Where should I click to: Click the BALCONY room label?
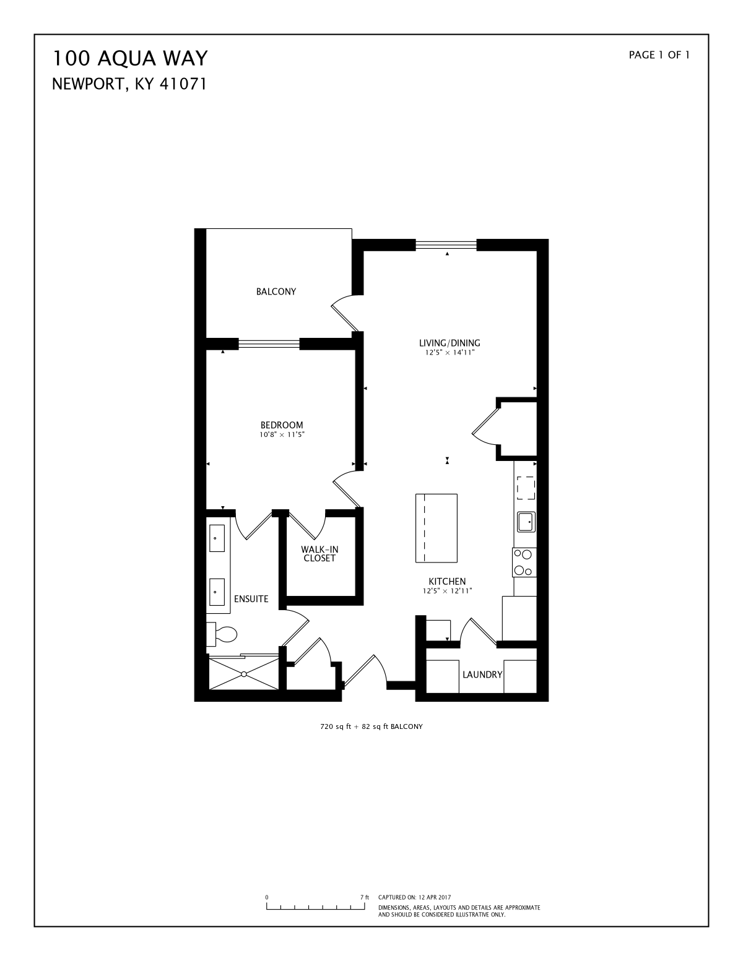point(276,291)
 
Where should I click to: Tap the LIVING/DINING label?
point(449,343)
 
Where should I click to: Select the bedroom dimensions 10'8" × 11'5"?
point(282,435)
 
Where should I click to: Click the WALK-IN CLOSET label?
point(319,554)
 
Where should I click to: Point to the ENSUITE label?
point(251,599)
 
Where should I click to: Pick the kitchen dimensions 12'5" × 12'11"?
point(448,591)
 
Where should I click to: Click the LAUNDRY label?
point(482,674)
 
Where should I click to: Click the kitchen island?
point(437,528)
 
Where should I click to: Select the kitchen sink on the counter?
point(526,522)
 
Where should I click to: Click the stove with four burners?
point(524,562)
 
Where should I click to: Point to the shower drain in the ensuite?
point(244,674)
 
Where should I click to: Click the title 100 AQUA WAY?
point(129,58)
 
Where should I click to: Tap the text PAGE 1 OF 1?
point(659,55)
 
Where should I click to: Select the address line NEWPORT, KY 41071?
point(129,84)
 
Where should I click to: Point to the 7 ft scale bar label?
point(365,897)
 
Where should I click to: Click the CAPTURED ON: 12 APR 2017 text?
point(414,897)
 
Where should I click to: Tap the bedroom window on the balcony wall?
point(269,343)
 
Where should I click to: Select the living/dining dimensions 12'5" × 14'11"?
point(450,353)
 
